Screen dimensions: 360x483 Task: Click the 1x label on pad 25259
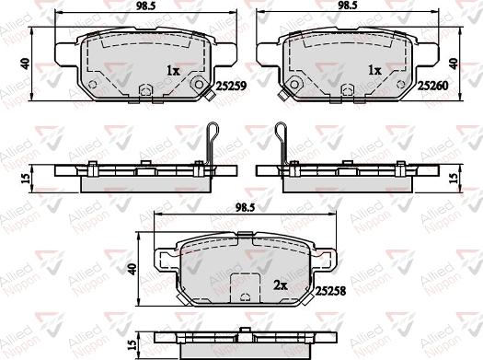[x=173, y=70]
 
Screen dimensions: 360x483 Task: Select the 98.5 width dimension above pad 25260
[x=347, y=7]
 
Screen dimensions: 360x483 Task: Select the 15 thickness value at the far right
[x=454, y=177]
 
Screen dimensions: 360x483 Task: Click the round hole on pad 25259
[x=200, y=82]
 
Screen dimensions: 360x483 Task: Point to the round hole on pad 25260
[x=293, y=82]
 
